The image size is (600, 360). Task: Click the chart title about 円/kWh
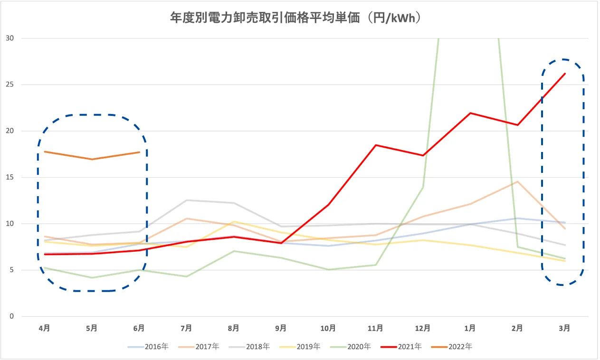pyautogui.click(x=300, y=18)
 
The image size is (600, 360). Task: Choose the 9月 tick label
pyautogui.click(x=281, y=328)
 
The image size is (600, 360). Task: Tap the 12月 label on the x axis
pyautogui.click(x=423, y=328)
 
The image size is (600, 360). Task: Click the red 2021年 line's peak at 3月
pyautogui.click(x=565, y=74)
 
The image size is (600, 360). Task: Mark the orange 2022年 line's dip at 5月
pyautogui.click(x=92, y=159)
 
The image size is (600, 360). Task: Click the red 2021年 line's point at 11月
pyautogui.click(x=376, y=145)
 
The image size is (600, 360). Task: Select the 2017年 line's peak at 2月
pyautogui.click(x=517, y=181)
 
